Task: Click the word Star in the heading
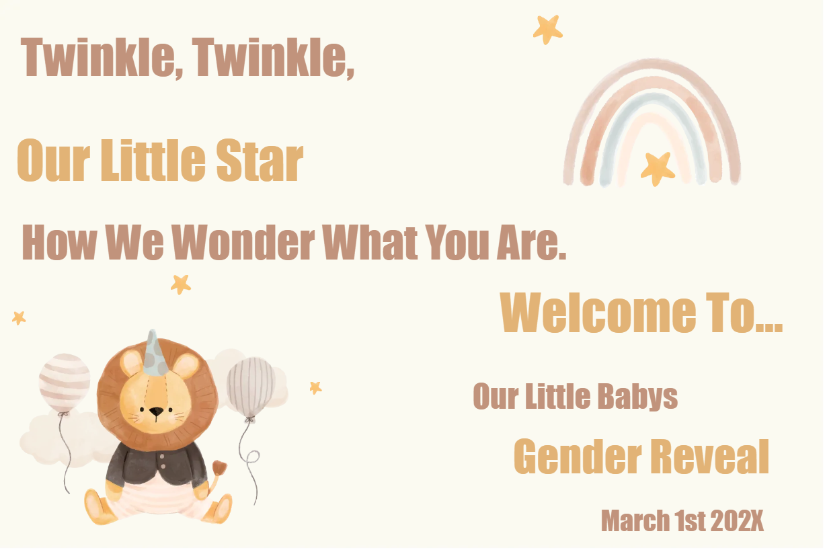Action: [260, 161]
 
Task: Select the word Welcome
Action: [598, 313]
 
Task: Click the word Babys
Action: [638, 397]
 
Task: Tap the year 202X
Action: [736, 521]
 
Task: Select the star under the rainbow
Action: [657, 168]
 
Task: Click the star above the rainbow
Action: [548, 29]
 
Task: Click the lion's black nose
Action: [155, 411]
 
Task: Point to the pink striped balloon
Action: [65, 382]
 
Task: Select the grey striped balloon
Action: [250, 387]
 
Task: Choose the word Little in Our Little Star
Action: [153, 161]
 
